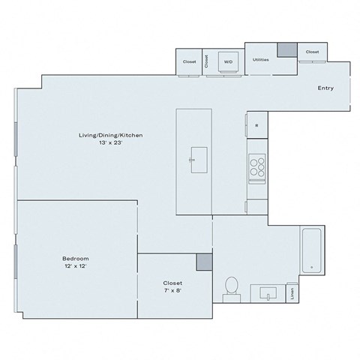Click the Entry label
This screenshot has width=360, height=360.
(x=325, y=88)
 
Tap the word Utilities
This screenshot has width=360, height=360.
(x=261, y=58)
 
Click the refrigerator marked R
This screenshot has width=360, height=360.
(x=256, y=125)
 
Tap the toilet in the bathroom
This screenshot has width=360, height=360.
(x=232, y=286)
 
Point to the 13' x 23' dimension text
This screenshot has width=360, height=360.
(x=110, y=142)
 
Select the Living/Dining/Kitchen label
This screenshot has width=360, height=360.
(x=110, y=135)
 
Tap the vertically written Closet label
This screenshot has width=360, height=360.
(x=207, y=62)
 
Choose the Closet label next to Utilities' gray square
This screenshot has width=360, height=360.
(x=311, y=52)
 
